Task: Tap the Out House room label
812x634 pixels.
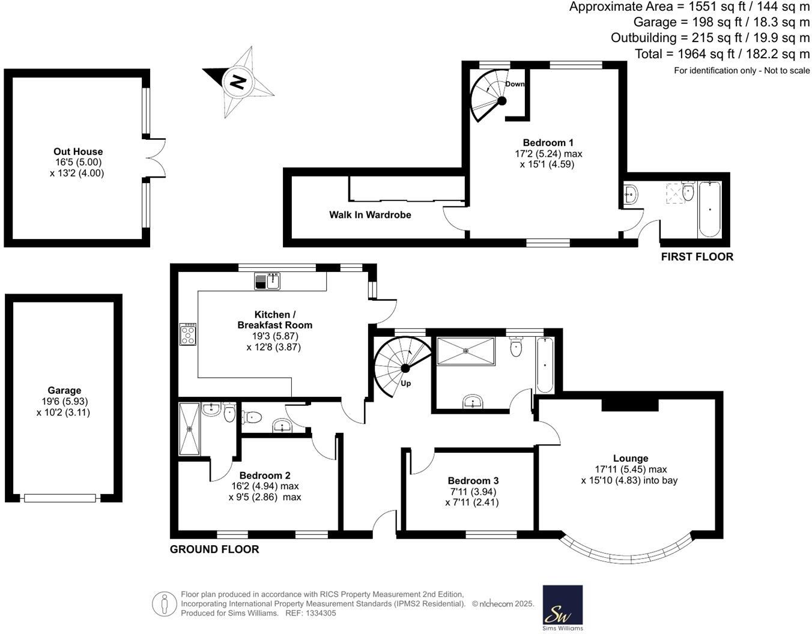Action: point(78,152)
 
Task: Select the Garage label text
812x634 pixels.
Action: point(64,390)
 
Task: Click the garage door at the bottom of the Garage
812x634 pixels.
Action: point(59,498)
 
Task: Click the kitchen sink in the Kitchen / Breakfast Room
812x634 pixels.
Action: point(267,281)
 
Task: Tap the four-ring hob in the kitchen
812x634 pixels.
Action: point(188,334)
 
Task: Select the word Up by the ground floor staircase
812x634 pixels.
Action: point(406,384)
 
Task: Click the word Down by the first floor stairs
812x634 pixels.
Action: point(515,84)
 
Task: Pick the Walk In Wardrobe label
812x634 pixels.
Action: point(370,215)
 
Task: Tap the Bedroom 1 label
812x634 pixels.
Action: point(548,143)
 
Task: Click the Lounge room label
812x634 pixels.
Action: point(631,458)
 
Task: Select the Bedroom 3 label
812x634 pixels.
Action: point(473,480)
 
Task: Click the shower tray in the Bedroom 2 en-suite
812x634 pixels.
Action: point(190,429)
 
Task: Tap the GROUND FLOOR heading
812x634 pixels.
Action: point(214,549)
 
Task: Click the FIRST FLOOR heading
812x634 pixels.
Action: point(697,257)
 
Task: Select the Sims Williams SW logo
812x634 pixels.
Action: point(563,608)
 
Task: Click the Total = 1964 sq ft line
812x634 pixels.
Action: point(722,54)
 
